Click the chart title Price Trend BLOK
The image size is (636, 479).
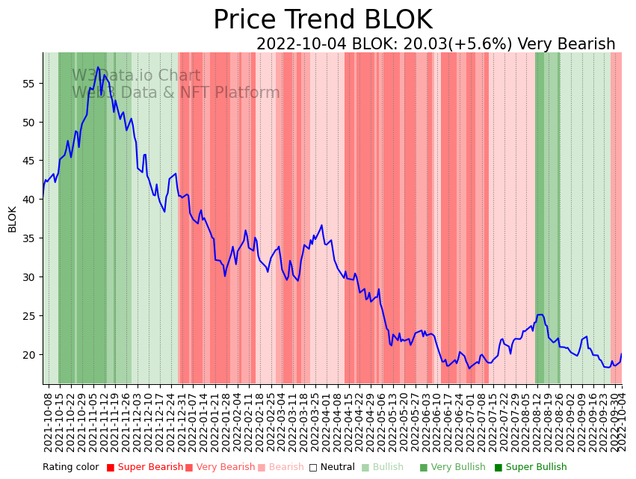pos(322,20)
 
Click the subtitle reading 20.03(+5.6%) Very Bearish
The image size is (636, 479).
pos(436,44)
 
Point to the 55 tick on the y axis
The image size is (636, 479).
pos(29,83)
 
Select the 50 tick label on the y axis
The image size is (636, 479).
pos(29,122)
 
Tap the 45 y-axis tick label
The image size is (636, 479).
pos(29,161)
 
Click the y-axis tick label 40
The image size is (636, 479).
pos(29,200)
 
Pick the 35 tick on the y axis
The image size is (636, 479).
pos(29,238)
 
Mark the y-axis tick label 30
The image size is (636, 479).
pos(29,277)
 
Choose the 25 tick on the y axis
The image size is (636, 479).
pos(29,316)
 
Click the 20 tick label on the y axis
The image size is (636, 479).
pos(29,355)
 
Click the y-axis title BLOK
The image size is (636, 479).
pos(12,219)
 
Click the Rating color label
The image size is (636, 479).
pos(70,467)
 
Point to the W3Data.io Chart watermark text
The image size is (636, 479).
pos(136,75)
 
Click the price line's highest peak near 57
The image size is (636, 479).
pos(98,67)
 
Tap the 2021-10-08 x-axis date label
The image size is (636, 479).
pos(49,422)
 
